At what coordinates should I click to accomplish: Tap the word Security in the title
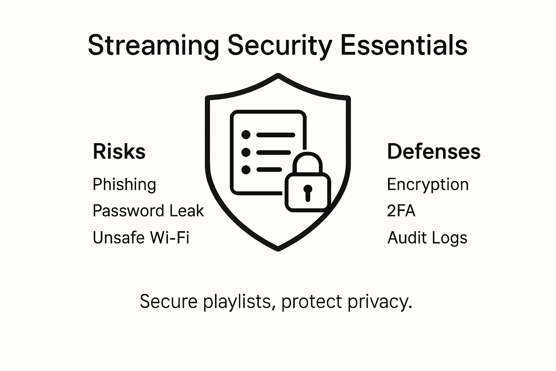click(280, 46)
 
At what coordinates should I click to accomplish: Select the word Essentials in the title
click(404, 45)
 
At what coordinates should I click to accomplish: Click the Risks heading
click(119, 151)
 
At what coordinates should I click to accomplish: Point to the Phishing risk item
click(124, 185)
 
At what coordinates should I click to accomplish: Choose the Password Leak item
click(148, 211)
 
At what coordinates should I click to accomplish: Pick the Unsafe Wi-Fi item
click(141, 238)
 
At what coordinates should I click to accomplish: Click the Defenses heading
click(434, 151)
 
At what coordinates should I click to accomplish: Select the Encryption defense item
click(427, 185)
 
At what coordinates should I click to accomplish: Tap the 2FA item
click(401, 211)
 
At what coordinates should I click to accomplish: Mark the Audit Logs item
click(427, 238)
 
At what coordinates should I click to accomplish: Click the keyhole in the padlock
click(308, 192)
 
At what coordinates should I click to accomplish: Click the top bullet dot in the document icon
click(246, 135)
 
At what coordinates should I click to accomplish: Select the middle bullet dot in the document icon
click(246, 152)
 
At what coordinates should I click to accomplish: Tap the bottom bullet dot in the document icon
click(246, 169)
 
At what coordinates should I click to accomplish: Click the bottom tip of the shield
click(278, 249)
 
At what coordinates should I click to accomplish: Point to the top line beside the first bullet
click(275, 135)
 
